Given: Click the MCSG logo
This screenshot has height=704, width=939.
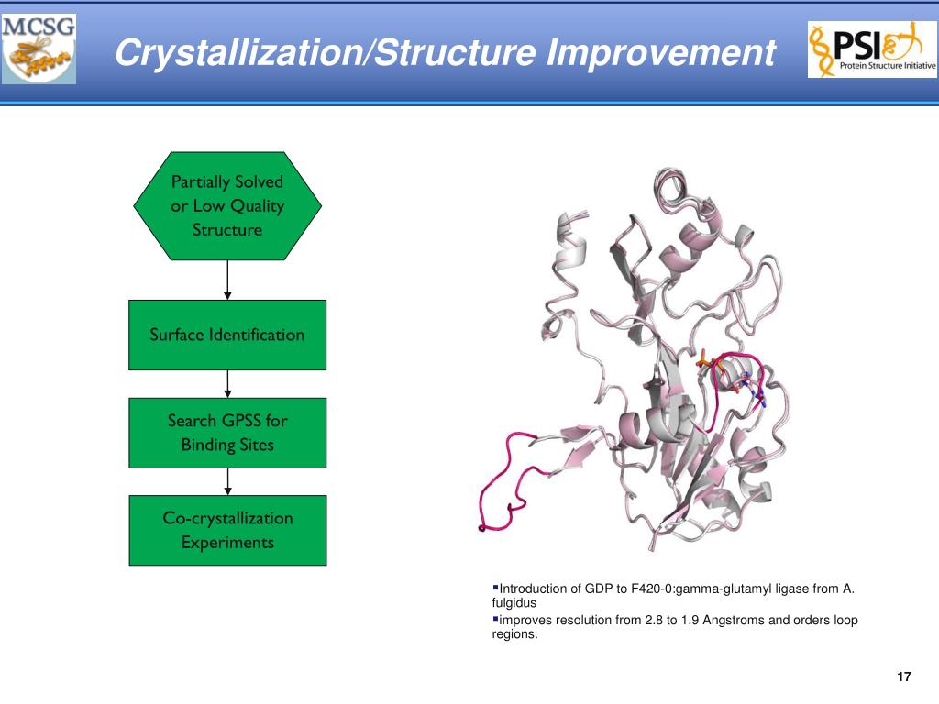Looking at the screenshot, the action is (39, 49).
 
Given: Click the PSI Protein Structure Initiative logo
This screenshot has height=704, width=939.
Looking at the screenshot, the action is (871, 49).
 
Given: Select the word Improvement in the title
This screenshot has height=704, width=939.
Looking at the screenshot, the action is (660, 52).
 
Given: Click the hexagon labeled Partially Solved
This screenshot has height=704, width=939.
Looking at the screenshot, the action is (227, 205).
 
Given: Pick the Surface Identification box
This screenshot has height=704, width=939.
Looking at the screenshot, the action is (227, 335).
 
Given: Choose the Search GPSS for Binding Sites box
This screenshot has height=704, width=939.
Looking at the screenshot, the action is (227, 433).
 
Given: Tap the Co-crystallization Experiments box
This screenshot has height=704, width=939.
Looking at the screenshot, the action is (227, 530).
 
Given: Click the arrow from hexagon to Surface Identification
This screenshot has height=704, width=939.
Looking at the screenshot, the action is (227, 279).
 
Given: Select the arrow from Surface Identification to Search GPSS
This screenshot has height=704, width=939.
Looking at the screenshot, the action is (227, 383).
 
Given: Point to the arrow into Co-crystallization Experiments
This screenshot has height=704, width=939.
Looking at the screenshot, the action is (227, 481).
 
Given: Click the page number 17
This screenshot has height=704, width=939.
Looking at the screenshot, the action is (903, 677).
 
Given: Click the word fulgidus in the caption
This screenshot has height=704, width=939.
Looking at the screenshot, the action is (514, 603).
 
